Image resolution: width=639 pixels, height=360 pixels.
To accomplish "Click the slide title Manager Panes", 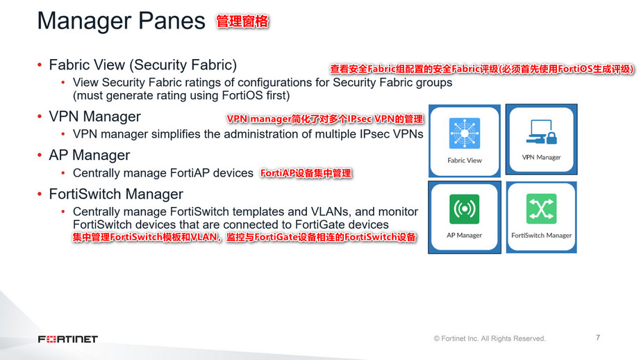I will coord(121,21).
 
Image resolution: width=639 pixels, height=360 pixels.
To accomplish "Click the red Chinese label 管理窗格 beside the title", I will coord(242,22).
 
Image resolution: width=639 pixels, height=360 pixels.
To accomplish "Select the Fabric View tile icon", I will coord(465,133).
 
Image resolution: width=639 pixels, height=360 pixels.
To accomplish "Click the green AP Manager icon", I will coord(465,208).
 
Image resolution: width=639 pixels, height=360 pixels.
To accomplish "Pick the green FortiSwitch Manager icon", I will coord(541,208).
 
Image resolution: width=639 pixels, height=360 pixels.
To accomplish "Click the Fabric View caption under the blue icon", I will coord(465,161).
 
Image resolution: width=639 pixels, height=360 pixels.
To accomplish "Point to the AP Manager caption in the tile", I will coord(465,236).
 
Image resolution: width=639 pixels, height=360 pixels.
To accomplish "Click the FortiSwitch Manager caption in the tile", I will coord(541,236).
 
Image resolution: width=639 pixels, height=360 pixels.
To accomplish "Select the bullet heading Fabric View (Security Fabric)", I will coord(142,65).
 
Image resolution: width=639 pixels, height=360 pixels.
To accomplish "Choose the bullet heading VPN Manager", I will coord(94,116).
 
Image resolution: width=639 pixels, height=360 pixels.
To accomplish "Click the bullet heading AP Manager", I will coord(89,155).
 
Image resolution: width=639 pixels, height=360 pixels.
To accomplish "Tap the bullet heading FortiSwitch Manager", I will coord(116,194).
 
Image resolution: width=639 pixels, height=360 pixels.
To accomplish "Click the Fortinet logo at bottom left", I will coord(67,339).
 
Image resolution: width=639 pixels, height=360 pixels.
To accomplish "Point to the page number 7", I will coord(598,338).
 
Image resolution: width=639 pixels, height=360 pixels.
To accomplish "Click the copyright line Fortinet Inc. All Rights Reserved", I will coord(490,339).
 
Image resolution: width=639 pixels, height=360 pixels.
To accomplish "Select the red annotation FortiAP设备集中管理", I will coord(306,174).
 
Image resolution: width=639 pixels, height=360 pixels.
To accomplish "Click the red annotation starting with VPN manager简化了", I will coord(324,120).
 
